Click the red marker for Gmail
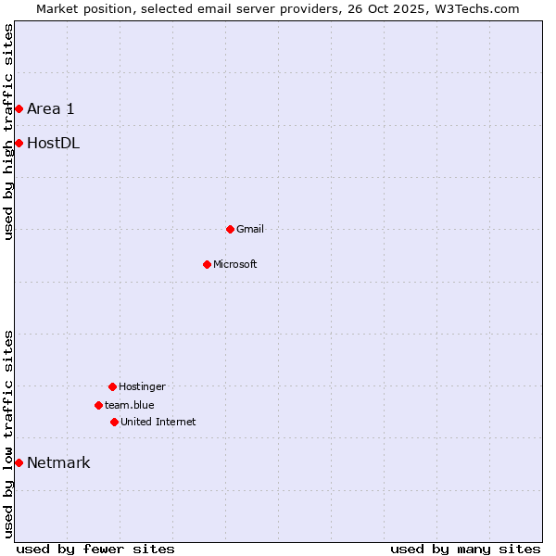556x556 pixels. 230,229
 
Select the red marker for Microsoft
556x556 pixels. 207,264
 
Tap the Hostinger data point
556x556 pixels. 112,386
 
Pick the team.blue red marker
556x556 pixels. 98,405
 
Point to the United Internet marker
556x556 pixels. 114,422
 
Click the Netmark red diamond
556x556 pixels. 19,462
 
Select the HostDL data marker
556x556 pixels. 19,143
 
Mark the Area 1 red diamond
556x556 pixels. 19,108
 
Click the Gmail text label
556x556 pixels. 250,229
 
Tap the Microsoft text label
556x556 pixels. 235,264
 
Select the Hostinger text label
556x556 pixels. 142,386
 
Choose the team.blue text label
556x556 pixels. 130,405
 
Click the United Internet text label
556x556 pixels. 158,422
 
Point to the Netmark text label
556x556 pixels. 58,462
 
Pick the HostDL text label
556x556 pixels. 53,143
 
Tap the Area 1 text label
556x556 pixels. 50,108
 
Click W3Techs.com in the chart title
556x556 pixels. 479,8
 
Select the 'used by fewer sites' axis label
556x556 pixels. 95,549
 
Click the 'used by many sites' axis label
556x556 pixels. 465,549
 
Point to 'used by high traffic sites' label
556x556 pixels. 8,132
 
